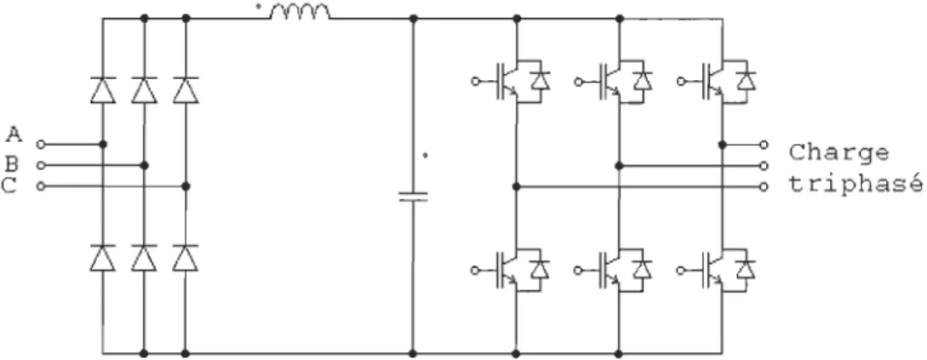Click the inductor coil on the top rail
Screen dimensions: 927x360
pyautogui.click(x=300, y=12)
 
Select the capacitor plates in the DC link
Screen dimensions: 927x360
pyautogui.click(x=413, y=197)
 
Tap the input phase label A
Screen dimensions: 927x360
pyautogui.click(x=14, y=135)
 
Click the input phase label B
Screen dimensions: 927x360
pyautogui.click(x=13, y=163)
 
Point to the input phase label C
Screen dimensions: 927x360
pyautogui.click(x=9, y=186)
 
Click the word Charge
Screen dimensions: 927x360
pyautogui.click(x=838, y=154)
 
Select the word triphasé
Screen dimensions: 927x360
pyautogui.click(x=855, y=185)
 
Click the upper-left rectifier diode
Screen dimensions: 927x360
pyautogui.click(x=103, y=89)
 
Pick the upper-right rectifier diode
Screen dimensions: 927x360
pyautogui.click(x=186, y=89)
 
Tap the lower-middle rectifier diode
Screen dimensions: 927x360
pyautogui.click(x=144, y=258)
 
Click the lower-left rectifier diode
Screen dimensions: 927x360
pyautogui.click(x=103, y=258)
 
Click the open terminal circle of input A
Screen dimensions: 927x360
pyautogui.click(x=40, y=144)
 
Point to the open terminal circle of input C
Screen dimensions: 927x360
pyautogui.click(x=40, y=186)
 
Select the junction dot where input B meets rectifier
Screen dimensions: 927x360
pyautogui.click(x=144, y=165)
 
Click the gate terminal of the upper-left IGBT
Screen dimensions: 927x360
pyautogui.click(x=475, y=82)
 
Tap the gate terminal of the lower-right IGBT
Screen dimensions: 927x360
pyautogui.click(x=681, y=270)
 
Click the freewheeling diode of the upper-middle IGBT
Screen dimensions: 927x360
pyautogui.click(x=642, y=80)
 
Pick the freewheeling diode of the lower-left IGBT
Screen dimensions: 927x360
pyautogui.click(x=540, y=269)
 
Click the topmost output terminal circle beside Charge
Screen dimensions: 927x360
pyautogui.click(x=764, y=144)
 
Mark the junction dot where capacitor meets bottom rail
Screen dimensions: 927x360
pyautogui.click(x=413, y=353)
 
